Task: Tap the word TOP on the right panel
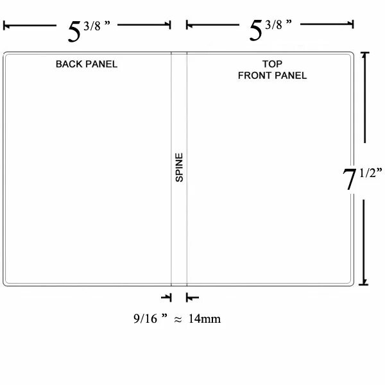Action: (x=272, y=64)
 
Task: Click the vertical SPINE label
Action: (x=179, y=167)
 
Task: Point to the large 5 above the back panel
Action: (x=74, y=31)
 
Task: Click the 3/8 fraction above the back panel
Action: (x=92, y=26)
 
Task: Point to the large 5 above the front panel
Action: (x=256, y=30)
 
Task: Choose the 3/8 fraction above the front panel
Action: (x=274, y=24)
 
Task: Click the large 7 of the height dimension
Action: (x=349, y=179)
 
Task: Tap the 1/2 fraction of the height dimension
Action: (x=368, y=173)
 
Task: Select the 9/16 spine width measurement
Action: (x=145, y=319)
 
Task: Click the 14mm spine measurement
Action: (x=205, y=319)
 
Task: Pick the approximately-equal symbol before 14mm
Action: (x=178, y=320)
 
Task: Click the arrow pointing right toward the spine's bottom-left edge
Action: (x=166, y=297)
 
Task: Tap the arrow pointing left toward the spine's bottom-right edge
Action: (x=193, y=297)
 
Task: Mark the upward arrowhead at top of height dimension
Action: (x=365, y=56)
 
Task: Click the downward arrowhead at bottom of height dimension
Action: (x=364, y=282)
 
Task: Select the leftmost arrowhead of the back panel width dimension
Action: (x=6, y=25)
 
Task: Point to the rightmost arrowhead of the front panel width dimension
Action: (x=350, y=24)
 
